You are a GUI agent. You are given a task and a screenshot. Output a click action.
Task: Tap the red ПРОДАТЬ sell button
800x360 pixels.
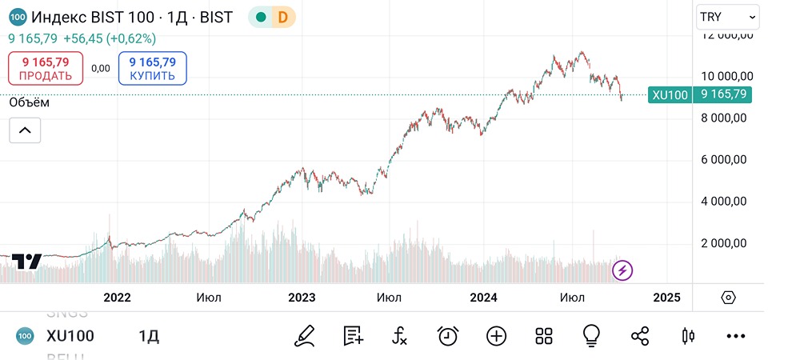coord(46,69)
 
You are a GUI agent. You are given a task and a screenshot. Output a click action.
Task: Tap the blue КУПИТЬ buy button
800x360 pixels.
coord(152,69)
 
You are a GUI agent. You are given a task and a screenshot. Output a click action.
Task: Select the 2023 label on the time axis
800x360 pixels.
coord(302,298)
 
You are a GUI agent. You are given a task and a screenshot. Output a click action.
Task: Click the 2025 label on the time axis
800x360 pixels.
coord(666,298)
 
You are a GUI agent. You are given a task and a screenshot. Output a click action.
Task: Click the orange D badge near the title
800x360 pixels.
coord(282,17)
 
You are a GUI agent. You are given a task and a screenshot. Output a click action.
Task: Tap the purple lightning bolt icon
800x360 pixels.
coord(622,270)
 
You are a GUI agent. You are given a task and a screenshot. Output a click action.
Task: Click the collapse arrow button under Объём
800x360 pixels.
coord(25,130)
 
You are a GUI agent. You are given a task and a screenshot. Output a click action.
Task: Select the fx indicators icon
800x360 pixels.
coord(400,336)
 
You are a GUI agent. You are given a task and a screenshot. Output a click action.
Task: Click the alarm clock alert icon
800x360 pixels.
coord(448,336)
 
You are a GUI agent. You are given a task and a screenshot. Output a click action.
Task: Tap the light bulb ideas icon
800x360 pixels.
coord(592,336)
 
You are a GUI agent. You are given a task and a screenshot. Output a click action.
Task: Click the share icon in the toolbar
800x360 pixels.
coord(640,336)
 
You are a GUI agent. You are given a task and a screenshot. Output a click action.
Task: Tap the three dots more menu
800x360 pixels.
coord(735,336)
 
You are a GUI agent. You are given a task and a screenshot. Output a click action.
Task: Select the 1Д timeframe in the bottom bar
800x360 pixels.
coord(149,336)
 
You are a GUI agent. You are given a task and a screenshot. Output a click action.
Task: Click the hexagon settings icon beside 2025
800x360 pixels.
coord(728,298)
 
